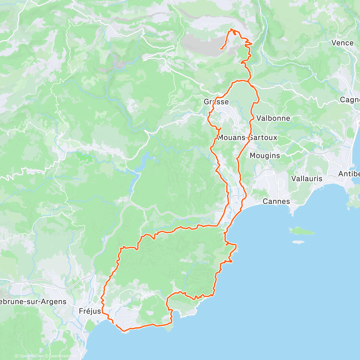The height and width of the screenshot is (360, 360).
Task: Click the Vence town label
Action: coord(342,43)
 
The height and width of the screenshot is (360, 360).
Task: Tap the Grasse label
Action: coord(216,102)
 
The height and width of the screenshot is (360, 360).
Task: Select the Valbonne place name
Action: coord(273,118)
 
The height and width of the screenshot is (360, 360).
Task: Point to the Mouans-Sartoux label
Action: coord(247,138)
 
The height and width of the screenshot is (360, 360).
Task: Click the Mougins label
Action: coord(265,156)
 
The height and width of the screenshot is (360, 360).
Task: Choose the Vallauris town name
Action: coord(307,179)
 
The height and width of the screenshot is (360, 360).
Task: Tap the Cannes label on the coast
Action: coord(276,201)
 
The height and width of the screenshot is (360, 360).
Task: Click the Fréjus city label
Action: coord(90,311)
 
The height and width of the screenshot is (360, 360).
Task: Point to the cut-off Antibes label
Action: coord(349,174)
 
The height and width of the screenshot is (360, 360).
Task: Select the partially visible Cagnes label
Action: coord(350,100)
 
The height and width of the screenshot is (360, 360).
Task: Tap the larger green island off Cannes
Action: coord(301,231)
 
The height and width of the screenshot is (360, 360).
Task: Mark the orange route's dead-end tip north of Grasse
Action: coord(221,49)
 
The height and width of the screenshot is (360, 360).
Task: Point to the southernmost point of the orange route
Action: coord(124,331)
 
